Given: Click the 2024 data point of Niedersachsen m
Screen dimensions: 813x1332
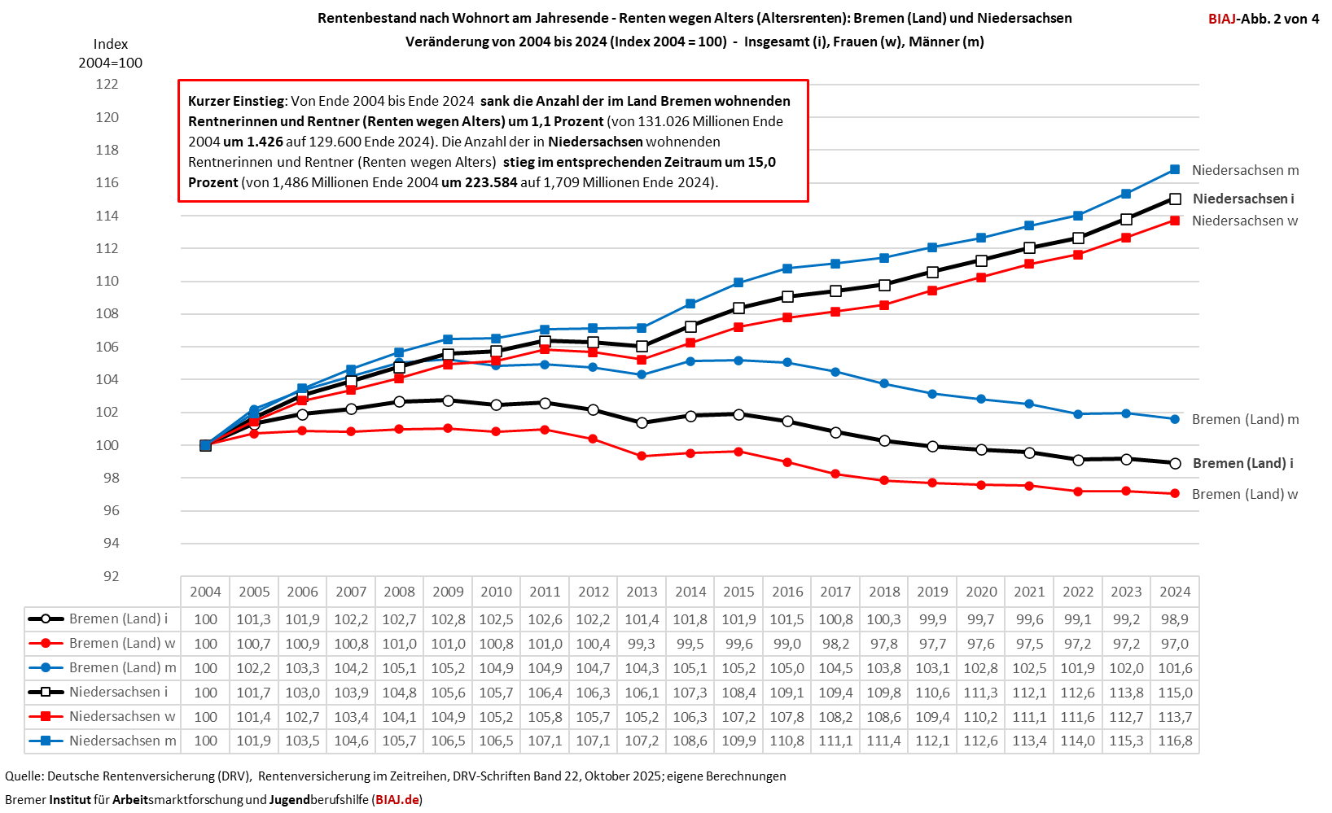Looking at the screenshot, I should click(1175, 169).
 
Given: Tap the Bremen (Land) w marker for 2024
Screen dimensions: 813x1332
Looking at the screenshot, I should click(1175, 493).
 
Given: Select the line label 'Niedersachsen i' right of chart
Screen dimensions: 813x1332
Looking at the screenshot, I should click(1242, 199).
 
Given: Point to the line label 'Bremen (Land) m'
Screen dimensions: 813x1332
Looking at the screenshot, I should click(1245, 419).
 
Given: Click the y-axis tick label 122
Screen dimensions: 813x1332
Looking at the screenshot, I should click(107, 84).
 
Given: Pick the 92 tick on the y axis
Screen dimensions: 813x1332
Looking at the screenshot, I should click(111, 576).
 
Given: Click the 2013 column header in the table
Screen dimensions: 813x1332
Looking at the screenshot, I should click(642, 592).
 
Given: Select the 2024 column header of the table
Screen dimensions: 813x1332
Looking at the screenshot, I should click(1175, 592).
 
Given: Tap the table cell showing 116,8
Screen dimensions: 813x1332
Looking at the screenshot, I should click(1175, 741).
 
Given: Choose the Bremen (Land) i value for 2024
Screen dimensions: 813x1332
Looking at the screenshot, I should click(1175, 619).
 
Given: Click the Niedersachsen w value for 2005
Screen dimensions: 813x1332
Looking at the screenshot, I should click(254, 717).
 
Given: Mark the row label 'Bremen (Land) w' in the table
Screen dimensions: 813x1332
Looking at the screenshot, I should click(122, 643).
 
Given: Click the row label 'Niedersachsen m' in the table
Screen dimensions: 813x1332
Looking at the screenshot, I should click(122, 741).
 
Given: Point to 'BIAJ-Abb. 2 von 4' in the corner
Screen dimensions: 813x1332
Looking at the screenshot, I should click(1264, 19).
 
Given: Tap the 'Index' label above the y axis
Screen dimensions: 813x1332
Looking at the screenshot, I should click(111, 44).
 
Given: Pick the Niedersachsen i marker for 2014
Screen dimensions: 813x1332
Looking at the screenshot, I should click(690, 326).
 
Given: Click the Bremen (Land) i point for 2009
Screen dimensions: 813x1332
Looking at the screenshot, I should click(448, 400).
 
